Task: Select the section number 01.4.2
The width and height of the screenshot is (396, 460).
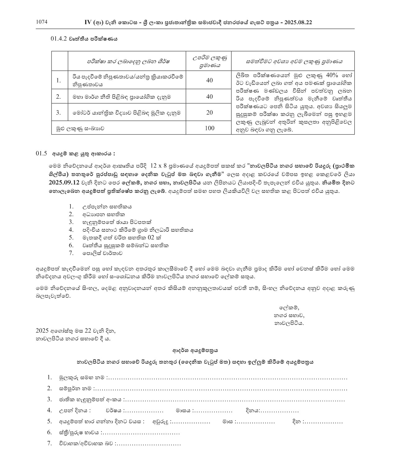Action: point(59,39)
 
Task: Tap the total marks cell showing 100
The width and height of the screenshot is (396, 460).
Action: point(210,128)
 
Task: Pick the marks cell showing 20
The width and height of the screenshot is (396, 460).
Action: point(210,112)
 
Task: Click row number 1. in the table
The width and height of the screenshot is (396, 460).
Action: point(58,80)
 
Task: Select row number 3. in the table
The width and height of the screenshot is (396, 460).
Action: point(58,112)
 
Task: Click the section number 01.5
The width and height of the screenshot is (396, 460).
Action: point(41,153)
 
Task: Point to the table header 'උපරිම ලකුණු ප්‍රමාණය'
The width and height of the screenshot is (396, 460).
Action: point(209,61)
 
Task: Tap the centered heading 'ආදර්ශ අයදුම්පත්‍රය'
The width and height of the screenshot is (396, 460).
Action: point(195,351)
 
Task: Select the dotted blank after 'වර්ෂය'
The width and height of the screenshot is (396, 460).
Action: point(143,411)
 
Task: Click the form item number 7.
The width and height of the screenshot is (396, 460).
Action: point(49,443)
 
